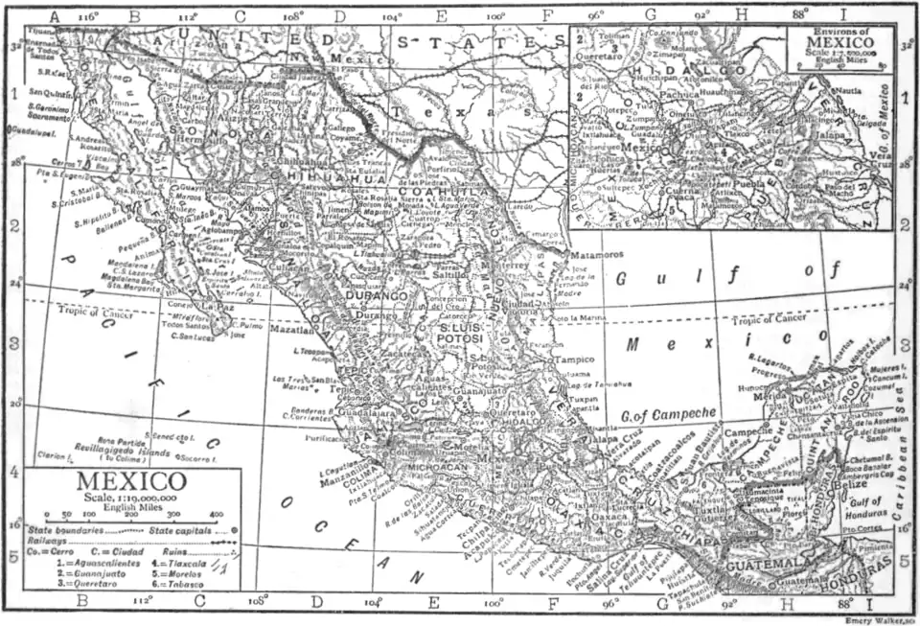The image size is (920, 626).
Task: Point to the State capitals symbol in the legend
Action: pos(235,529)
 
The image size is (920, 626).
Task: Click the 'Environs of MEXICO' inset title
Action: pos(825,37)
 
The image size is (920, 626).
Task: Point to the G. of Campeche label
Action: pos(668,413)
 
